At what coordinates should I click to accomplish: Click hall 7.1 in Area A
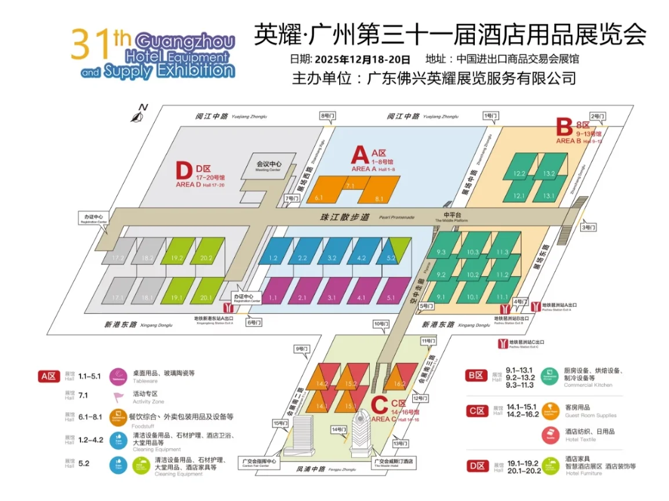(350, 186)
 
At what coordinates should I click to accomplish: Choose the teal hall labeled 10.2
(472, 274)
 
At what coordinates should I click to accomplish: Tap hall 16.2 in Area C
(399, 383)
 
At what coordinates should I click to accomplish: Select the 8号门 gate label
(328, 115)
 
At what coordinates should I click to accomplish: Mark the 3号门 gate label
(588, 227)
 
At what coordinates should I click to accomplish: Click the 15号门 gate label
(281, 423)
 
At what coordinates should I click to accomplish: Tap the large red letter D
(183, 172)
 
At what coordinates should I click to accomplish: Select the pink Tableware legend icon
(118, 376)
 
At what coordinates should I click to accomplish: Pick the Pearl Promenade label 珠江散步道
(344, 217)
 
